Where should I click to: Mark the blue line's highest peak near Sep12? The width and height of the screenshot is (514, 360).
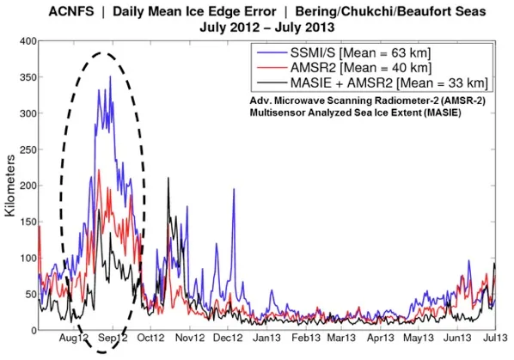tap(110, 77)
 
